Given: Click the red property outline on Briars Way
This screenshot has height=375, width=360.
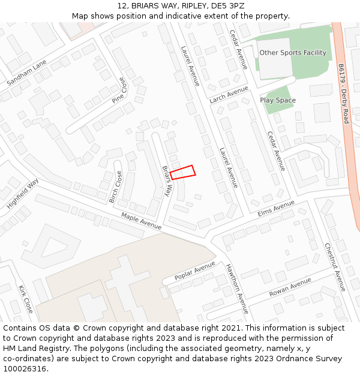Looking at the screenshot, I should coord(182,172).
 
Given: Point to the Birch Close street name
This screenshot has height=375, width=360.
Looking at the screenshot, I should coord(115,187).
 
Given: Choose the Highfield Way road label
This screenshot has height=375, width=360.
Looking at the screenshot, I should coord(23,193).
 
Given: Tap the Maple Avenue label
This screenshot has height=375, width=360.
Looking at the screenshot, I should coord(142,221).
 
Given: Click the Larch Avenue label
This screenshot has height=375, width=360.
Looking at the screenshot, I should coord(229,95).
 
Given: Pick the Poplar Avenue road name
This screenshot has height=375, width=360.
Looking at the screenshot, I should coord(194,271).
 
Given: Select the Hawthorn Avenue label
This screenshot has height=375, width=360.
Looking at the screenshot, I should coord(236,287).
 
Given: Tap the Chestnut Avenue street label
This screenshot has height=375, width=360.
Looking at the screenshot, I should coord(335,266).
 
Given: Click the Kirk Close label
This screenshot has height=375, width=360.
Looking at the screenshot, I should coord(26,299).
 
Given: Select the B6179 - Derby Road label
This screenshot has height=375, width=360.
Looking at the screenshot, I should coord(343,94).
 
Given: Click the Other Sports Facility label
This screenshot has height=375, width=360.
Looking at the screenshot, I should coord(293,53).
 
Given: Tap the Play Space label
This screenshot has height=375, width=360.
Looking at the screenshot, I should coord(278,100).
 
